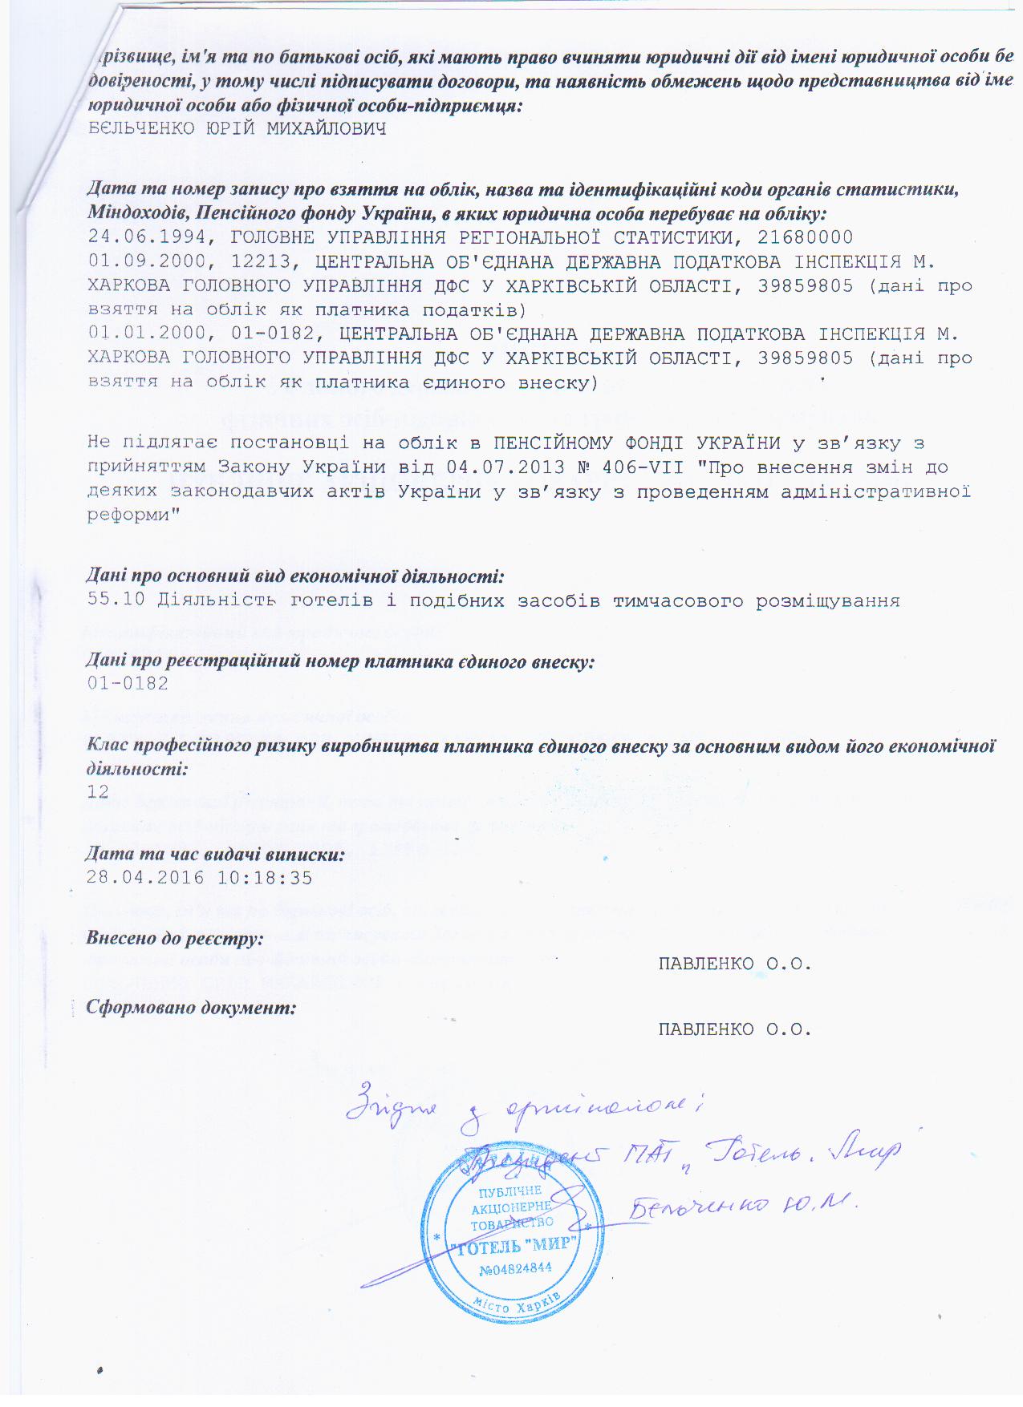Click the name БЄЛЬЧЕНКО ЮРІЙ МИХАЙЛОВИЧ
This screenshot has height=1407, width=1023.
237,129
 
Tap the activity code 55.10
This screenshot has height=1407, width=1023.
116,600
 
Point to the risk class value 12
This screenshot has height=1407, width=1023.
98,792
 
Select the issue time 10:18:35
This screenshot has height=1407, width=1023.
264,877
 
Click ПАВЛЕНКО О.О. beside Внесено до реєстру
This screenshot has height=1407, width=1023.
735,964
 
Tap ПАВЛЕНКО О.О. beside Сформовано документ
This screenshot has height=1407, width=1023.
735,1029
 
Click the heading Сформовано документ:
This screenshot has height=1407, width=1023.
191,1008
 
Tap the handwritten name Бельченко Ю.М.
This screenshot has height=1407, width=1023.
742,1205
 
